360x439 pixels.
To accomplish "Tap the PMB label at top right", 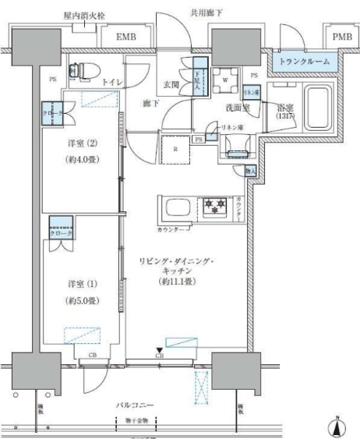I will click(341, 37).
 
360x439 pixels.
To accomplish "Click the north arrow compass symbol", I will click(337, 427).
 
